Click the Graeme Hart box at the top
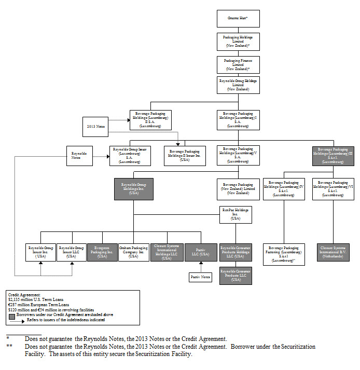238,18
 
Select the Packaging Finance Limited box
238,64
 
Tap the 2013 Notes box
95,126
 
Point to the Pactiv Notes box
200,277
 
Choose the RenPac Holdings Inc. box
236,214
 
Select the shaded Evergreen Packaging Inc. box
102,252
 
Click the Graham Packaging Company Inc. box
133,252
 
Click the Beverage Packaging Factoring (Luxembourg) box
283,254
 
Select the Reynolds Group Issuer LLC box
72,252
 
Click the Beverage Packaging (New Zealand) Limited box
238,188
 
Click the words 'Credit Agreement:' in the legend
20,295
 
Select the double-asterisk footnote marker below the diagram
9,346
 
